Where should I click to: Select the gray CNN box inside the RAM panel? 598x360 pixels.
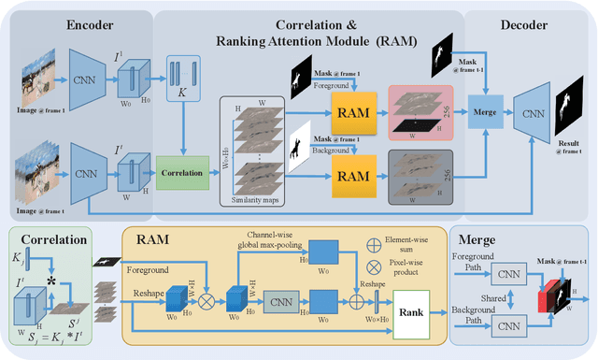278,303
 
